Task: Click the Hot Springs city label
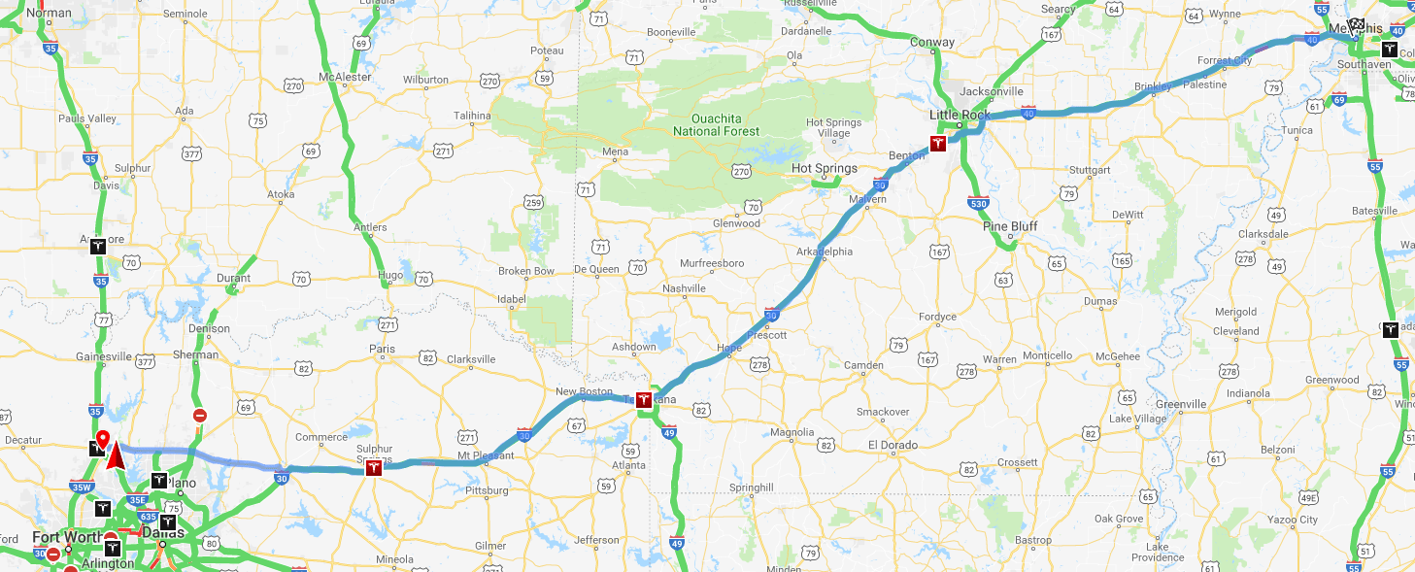pos(825,169)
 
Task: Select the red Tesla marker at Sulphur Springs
pos(373,468)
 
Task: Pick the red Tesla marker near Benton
pos(937,144)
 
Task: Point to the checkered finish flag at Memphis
pos(1356,25)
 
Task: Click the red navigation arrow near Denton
pos(115,454)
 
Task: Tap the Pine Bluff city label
pos(1010,227)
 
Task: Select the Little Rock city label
pos(960,115)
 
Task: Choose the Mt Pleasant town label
pos(485,455)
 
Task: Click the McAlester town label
pos(345,77)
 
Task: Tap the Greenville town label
pos(1181,404)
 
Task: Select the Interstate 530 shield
pos(977,202)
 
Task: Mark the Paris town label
pos(383,349)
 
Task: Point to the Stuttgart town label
pos(1088,170)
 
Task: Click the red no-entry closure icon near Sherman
pos(200,416)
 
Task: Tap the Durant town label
pos(233,279)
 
